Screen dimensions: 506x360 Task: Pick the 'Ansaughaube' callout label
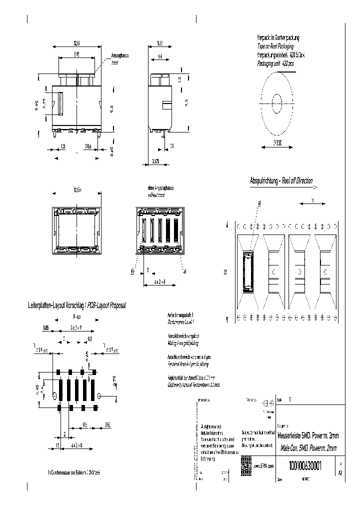[120, 55]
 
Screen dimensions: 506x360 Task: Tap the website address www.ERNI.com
[265, 466]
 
